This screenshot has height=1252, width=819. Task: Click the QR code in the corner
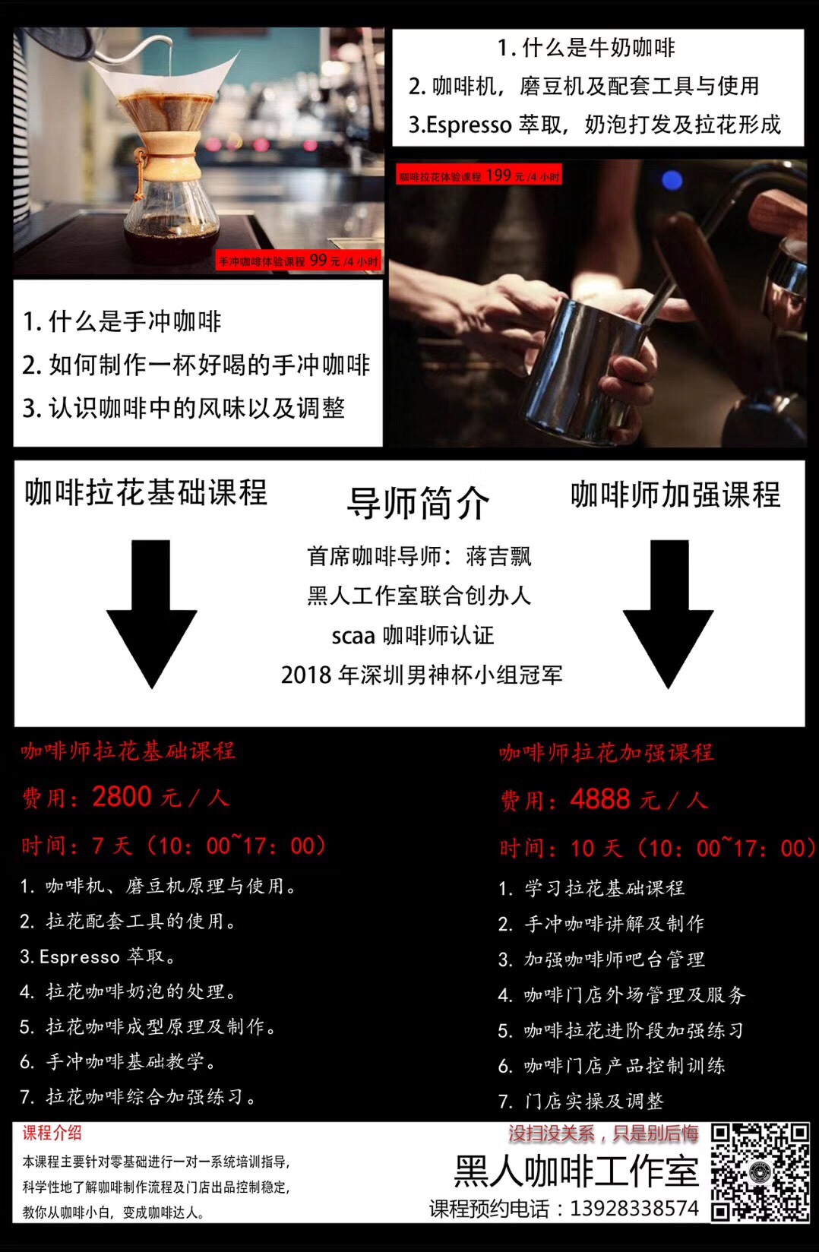760,1171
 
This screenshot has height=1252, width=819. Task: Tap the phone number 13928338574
634,1209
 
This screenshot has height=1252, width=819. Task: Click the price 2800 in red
122,796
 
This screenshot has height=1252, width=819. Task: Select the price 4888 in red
600,799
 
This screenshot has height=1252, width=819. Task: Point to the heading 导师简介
418,502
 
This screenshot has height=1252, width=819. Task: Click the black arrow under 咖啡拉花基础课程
151,615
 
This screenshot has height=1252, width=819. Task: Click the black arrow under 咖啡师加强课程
668,615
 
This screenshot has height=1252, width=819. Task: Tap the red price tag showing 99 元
299,261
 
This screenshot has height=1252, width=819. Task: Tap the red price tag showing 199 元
479,175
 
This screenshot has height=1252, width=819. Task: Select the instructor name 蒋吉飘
498,557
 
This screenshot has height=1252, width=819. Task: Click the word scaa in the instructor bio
353,637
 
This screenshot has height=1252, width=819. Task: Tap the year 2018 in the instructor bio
306,675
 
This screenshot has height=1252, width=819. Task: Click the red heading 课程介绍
52,1133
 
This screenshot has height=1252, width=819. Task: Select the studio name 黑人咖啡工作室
577,1171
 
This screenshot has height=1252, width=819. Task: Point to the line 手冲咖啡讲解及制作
615,923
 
